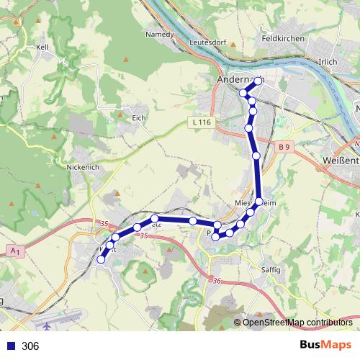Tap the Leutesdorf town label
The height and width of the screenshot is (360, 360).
pos(207,42)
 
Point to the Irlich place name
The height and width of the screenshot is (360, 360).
pos(328,62)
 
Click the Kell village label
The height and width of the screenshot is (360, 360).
pos(41,47)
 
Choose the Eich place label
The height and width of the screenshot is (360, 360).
pos(139,117)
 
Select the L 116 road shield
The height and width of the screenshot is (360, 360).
pos(202,123)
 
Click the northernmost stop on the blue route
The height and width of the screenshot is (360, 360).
pos(257,81)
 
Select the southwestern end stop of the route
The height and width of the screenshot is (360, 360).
pos(101,260)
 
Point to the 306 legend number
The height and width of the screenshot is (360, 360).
pos(30,346)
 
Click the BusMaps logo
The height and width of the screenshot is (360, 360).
pos(325,346)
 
